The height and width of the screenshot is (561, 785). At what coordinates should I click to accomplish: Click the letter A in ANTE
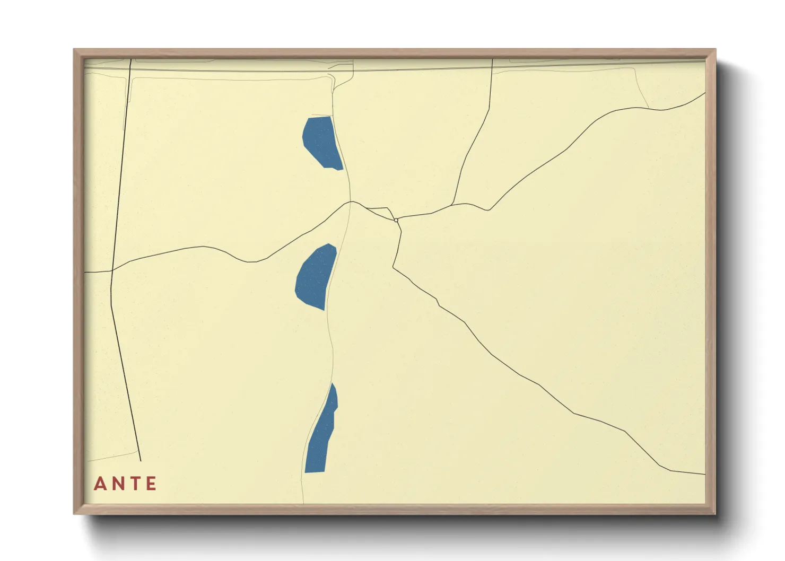coord(100,484)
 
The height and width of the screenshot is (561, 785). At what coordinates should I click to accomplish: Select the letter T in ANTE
coord(134,484)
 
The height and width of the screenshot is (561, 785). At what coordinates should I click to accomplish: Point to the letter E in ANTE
coord(151,484)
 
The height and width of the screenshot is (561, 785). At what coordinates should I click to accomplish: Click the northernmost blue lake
coord(321,142)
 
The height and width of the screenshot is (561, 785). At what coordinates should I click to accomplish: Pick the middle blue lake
coord(316,277)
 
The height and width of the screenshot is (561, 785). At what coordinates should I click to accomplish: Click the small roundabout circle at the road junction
coord(396,220)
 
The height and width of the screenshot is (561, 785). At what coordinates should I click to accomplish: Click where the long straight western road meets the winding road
coord(112,270)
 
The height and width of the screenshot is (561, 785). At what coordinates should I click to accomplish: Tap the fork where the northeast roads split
coord(451,205)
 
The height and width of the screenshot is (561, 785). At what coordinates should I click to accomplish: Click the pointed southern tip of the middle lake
coord(324,310)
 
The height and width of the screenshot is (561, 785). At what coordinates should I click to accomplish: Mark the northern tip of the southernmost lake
coord(333,383)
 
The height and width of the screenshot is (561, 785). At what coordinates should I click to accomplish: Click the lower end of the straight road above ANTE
coord(141,461)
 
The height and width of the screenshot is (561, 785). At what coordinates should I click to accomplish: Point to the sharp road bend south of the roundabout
coord(394,267)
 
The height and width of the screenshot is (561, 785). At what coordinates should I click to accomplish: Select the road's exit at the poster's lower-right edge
coord(705,474)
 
